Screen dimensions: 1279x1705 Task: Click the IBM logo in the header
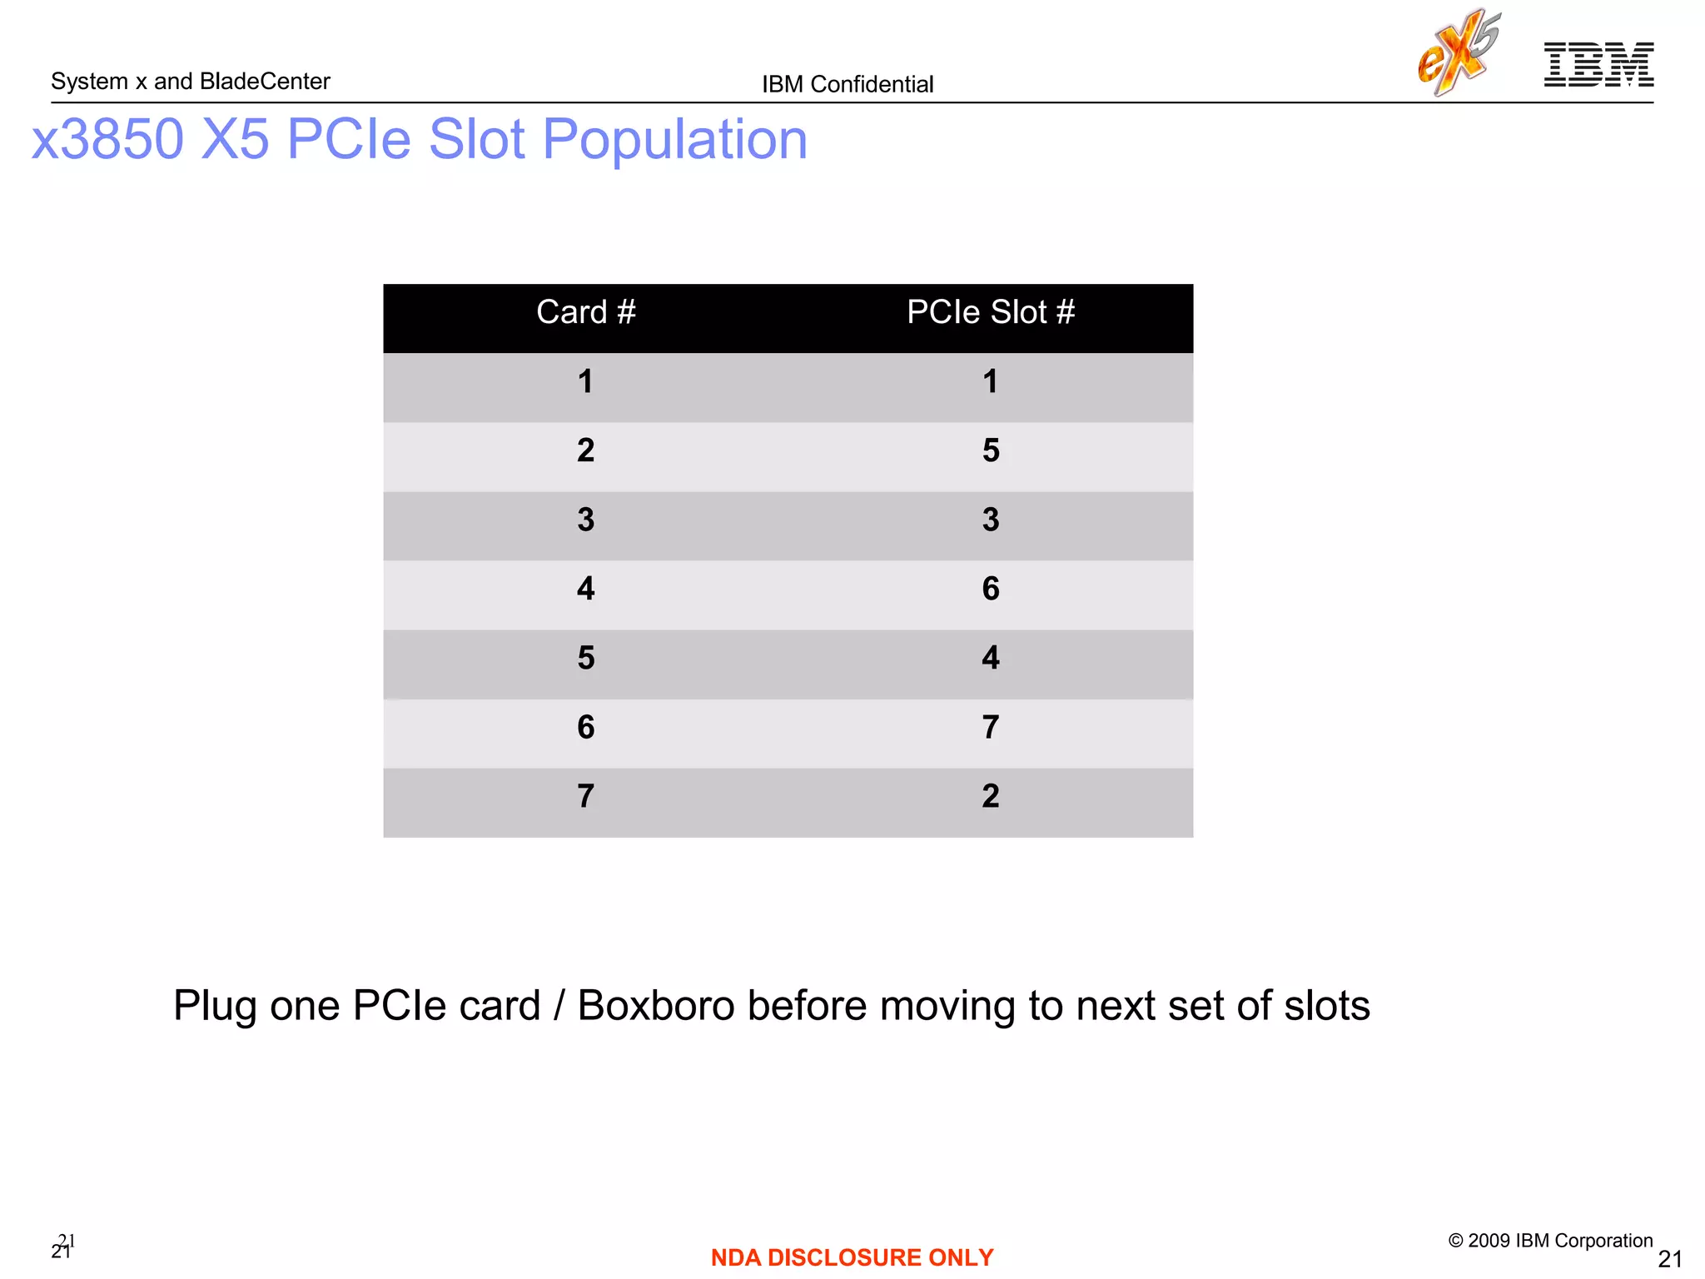[x=1598, y=64]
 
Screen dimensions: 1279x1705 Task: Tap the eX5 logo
[x=1459, y=52]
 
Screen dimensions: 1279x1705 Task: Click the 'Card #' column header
[x=585, y=312]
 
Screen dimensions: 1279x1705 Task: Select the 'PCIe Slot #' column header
[x=990, y=312]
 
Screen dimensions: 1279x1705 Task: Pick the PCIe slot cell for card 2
[x=990, y=450]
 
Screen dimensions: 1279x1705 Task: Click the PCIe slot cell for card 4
[x=990, y=589]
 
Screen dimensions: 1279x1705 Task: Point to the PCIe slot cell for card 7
[x=990, y=796]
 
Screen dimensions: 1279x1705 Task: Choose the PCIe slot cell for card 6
[x=990, y=727]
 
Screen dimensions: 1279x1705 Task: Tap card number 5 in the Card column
[x=585, y=658]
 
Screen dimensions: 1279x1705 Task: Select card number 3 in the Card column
[x=585, y=520]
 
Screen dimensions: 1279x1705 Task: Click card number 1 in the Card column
[x=585, y=381]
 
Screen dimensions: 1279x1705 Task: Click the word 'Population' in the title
[x=674, y=139]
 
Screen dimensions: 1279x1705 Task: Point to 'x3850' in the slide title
[x=107, y=139]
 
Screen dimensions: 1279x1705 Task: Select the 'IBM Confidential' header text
[x=848, y=84]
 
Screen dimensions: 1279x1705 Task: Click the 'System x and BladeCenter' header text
[x=190, y=82]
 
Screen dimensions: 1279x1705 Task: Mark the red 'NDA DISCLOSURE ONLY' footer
[x=852, y=1257]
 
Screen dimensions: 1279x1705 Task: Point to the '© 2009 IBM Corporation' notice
[x=1550, y=1241]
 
